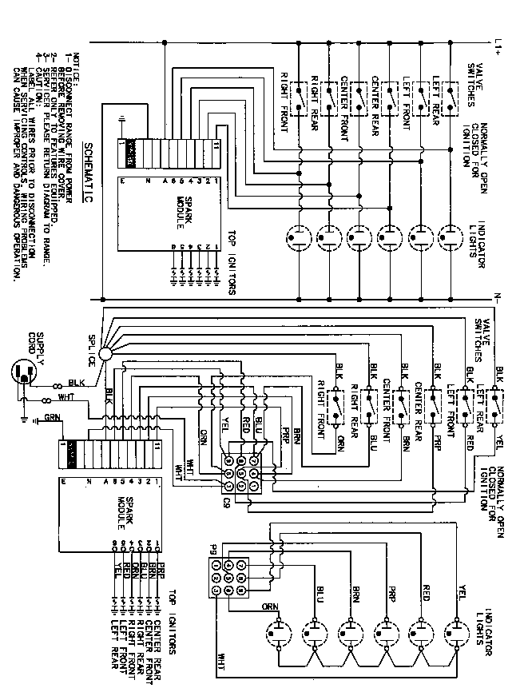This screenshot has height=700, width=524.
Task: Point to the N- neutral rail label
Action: (497, 299)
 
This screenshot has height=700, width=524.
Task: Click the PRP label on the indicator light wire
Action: (391, 595)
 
